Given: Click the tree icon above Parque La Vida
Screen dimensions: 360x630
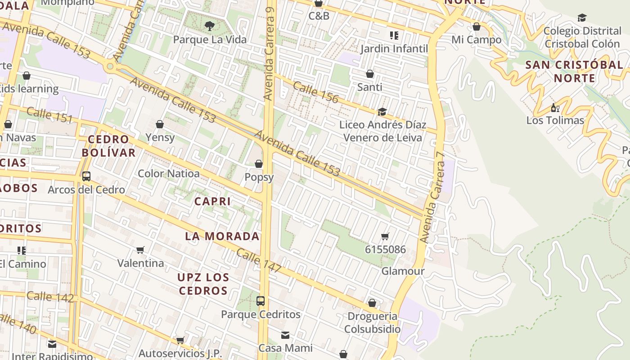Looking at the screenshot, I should pos(210,26).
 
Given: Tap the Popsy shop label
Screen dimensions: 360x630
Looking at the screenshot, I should pos(259,177).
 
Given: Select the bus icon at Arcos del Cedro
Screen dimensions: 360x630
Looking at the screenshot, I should pos(86,176).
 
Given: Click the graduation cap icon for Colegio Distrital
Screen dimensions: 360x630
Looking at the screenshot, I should pos(582,18).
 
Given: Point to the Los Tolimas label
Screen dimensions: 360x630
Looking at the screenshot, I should pos(555,121).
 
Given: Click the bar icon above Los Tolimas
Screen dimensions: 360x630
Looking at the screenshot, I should pos(555,108).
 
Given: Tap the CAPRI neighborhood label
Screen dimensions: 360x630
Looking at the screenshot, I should pos(212,202).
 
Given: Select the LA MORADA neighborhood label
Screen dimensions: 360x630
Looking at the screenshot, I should pos(222,236).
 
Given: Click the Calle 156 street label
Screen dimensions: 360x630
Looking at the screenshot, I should pos(315,92).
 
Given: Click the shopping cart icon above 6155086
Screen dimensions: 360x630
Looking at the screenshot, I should pos(385,237).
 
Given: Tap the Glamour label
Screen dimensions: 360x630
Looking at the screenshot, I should pos(403,271).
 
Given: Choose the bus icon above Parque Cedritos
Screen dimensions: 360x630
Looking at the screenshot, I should pos(261,301).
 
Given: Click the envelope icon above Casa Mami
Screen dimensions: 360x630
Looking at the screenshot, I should pos(285,335).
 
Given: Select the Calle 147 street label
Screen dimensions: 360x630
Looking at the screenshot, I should pos(259,261).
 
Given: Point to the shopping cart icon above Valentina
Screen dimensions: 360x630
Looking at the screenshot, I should pos(140,250).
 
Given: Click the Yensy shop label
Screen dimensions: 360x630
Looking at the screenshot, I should pos(160,137).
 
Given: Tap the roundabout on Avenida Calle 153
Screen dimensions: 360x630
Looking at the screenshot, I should pos(110,67).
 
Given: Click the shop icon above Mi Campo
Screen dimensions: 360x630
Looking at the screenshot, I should pos(477,27).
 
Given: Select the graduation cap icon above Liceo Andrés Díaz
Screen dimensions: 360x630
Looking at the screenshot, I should pos(382,112).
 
